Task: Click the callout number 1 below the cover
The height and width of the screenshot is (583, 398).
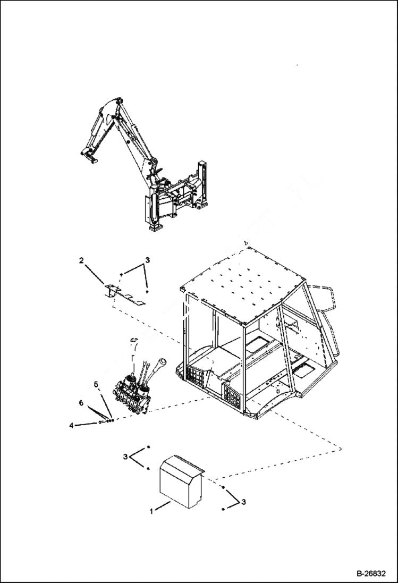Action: (151, 511)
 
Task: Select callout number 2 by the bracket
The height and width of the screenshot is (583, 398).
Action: (81, 260)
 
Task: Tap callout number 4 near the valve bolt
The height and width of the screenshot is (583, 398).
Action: (71, 425)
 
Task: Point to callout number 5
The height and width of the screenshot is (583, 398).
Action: (96, 383)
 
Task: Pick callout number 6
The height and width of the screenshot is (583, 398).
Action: (81, 404)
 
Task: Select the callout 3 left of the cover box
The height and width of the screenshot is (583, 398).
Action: (125, 457)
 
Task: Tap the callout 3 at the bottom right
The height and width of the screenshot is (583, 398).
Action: (244, 501)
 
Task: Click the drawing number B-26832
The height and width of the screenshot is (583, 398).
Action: (371, 574)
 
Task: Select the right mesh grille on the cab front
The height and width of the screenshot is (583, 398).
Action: (232, 396)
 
